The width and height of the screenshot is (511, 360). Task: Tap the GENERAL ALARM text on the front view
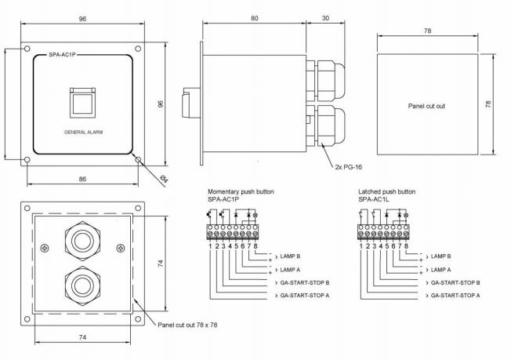pos(83,132)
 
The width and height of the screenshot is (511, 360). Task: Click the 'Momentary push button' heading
pos(241,191)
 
